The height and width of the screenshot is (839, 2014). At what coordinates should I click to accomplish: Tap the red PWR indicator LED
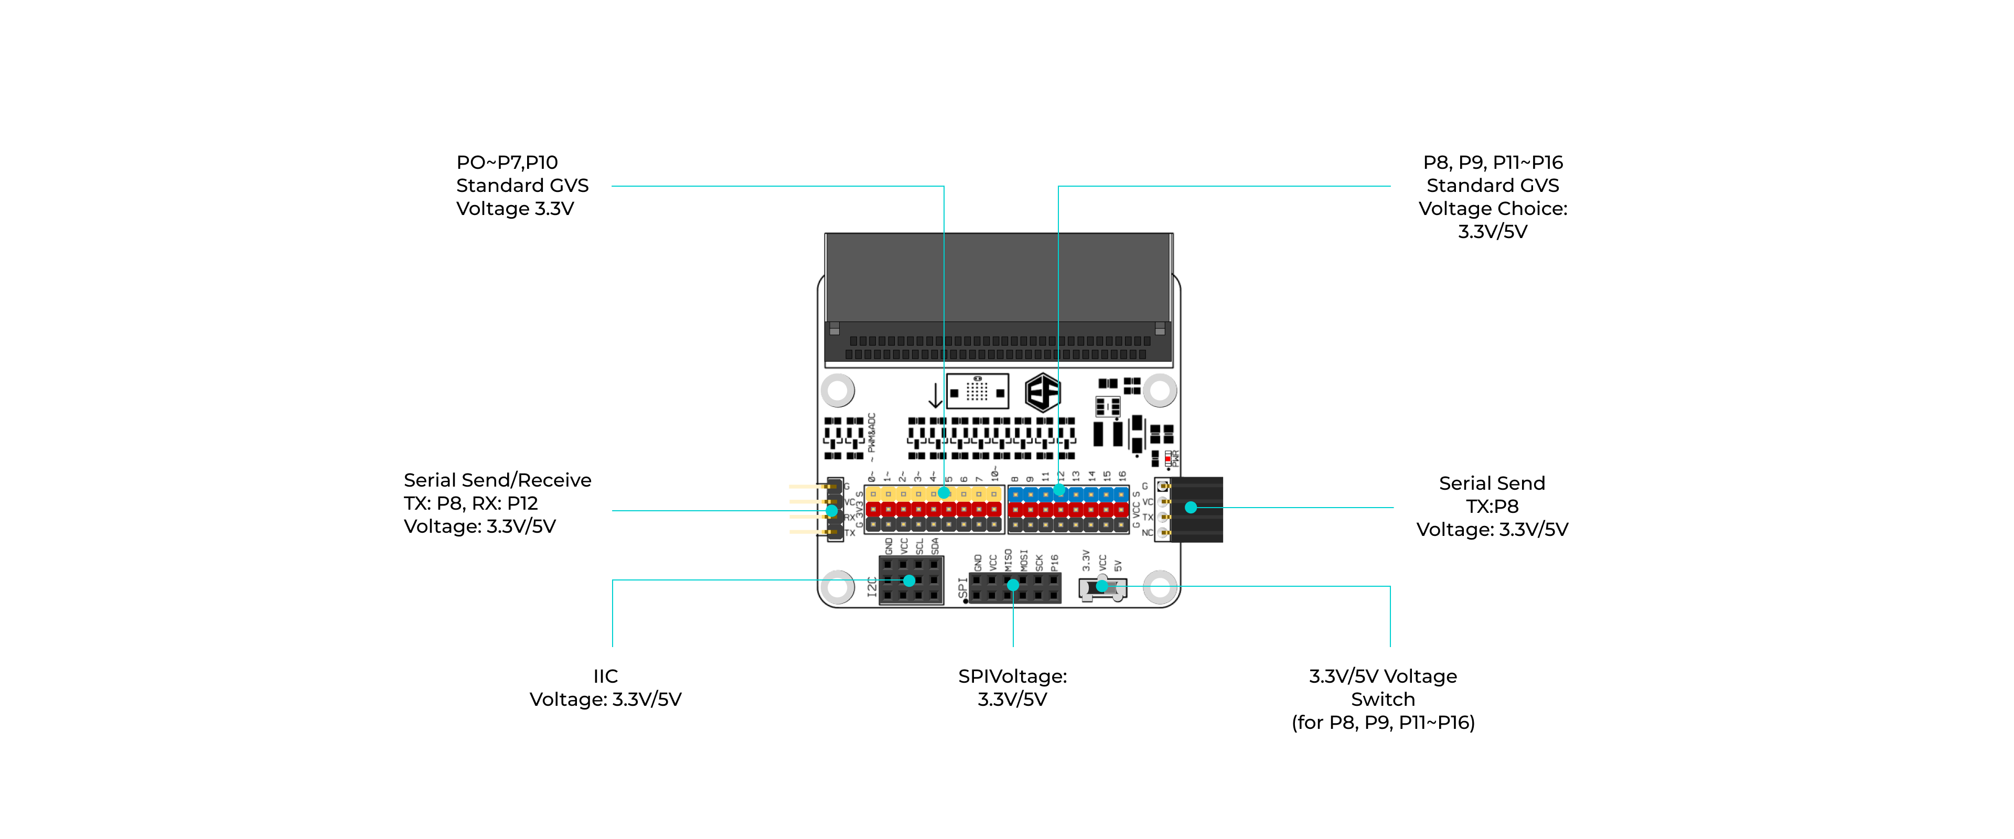(x=1167, y=459)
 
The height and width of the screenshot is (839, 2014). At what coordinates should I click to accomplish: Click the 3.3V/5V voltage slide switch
(x=1102, y=588)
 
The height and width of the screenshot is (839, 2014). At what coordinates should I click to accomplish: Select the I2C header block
(x=911, y=580)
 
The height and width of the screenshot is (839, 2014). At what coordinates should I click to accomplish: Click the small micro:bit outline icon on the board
(x=977, y=391)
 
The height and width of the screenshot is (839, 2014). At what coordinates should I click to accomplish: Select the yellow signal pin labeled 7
(x=979, y=494)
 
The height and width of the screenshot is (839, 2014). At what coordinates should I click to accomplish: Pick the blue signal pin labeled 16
(x=1121, y=494)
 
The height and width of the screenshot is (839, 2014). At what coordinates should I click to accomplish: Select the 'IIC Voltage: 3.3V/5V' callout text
(x=605, y=687)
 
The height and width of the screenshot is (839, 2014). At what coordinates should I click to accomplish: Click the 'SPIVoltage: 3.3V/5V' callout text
(x=1012, y=687)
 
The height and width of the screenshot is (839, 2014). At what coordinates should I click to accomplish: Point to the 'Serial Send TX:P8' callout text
(x=1492, y=495)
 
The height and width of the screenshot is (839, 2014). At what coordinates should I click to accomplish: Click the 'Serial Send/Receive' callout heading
(x=497, y=480)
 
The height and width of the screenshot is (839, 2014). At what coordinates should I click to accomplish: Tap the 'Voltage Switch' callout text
(x=1383, y=687)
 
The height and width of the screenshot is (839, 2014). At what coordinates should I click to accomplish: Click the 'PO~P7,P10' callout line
(x=507, y=163)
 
